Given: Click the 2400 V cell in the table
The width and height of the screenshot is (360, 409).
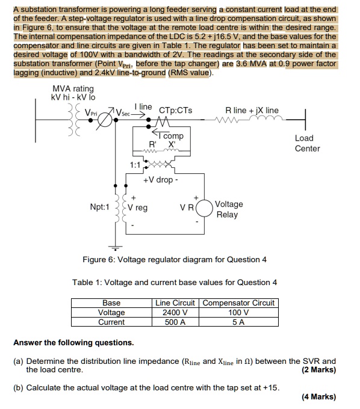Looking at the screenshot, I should tap(175, 312).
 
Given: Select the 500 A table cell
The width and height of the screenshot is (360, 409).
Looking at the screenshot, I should tap(175, 322).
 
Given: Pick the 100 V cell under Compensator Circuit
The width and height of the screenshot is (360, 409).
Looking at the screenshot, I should tap(238, 312).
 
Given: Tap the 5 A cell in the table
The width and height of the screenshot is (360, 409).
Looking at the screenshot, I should tap(238, 322).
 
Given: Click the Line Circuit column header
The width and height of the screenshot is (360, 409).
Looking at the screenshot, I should tap(175, 303).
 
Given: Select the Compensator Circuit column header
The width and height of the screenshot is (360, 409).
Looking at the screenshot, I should tap(238, 303).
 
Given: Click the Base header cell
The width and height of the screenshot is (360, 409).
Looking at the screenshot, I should tap(111, 303).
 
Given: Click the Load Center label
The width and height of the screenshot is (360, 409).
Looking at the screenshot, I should tap(307, 143).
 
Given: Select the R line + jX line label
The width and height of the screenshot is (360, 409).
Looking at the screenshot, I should tap(252, 110).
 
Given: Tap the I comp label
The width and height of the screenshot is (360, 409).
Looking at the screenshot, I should tap(173, 136).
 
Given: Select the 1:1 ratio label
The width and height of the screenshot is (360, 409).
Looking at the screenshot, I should tap(136, 164).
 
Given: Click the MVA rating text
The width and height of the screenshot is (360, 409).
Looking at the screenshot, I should tap(73, 89).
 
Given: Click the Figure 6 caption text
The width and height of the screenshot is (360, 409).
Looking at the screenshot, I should tap(174, 259).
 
